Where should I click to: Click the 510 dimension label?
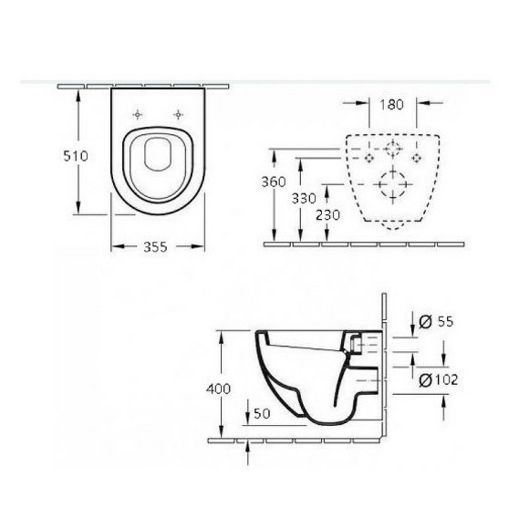(76, 156)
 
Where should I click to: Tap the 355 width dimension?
(155, 247)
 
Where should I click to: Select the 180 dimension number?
(391, 105)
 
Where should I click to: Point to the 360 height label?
(274, 182)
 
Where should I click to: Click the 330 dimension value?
(304, 199)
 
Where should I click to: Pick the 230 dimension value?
(328, 215)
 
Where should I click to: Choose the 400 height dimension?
(218, 389)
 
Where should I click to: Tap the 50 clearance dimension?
(262, 413)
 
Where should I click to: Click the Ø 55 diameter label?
(436, 322)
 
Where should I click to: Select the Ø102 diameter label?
(438, 380)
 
